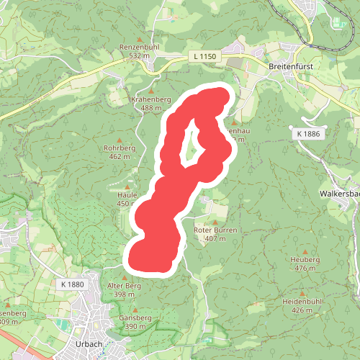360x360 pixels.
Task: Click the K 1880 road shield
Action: click(x=73, y=284)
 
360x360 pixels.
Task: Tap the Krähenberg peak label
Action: click(x=150, y=99)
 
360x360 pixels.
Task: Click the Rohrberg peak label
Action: click(x=120, y=148)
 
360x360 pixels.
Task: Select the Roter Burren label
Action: click(x=215, y=230)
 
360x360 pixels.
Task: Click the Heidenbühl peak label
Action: click(x=307, y=302)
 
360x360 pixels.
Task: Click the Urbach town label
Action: click(x=89, y=343)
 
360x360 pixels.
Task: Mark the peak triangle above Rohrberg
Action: click(x=120, y=138)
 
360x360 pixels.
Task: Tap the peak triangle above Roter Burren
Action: click(x=215, y=222)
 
